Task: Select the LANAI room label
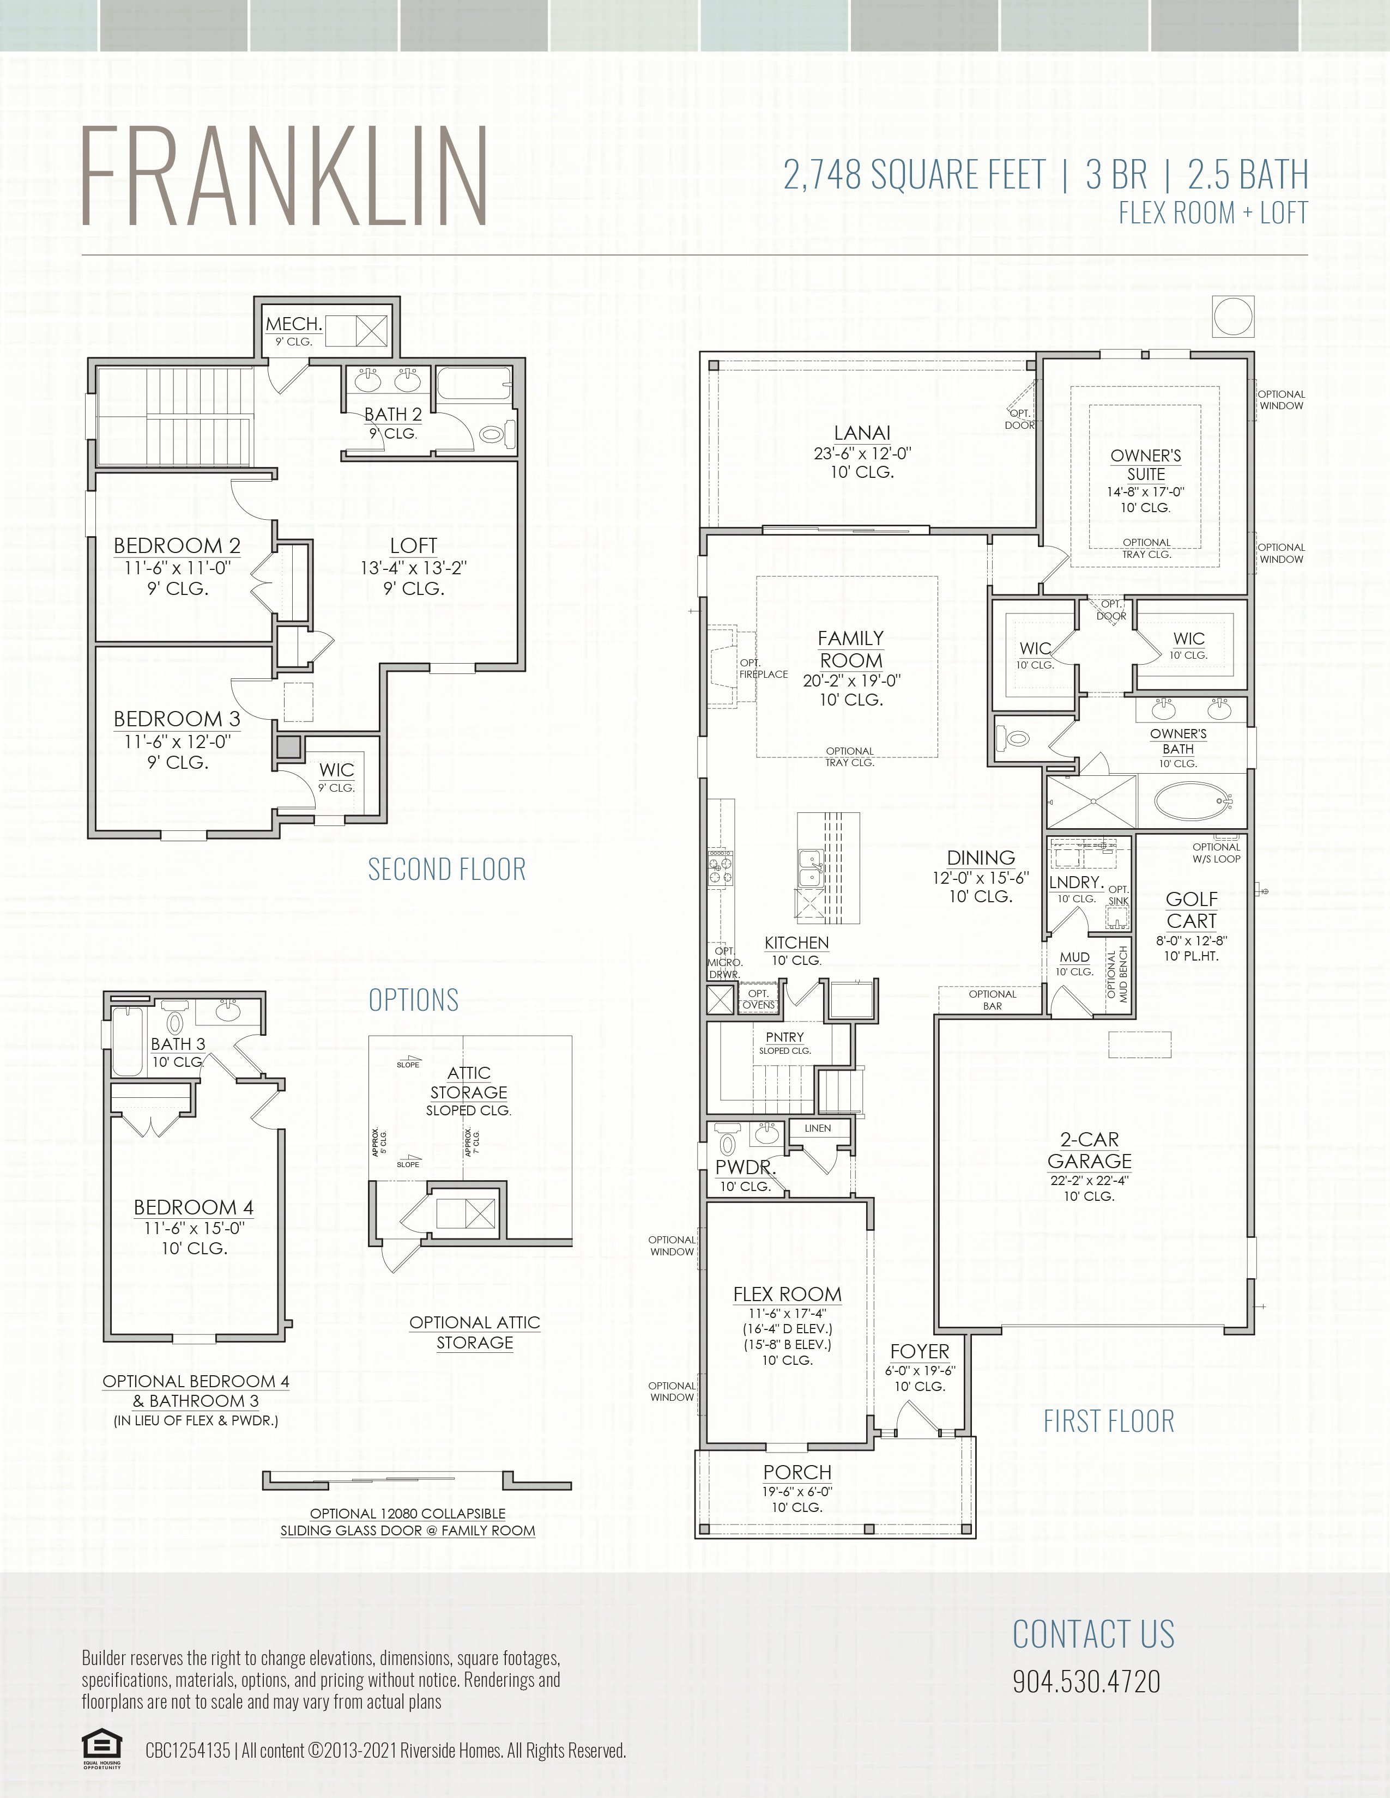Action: click(862, 432)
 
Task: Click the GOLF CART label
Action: click(1190, 910)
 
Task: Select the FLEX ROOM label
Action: click(787, 1294)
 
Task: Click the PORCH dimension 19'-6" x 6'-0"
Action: click(797, 1491)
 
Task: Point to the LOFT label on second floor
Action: click(413, 545)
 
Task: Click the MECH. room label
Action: click(293, 324)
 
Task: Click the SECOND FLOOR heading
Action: click(446, 870)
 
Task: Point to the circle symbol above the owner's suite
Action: click(1232, 316)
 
